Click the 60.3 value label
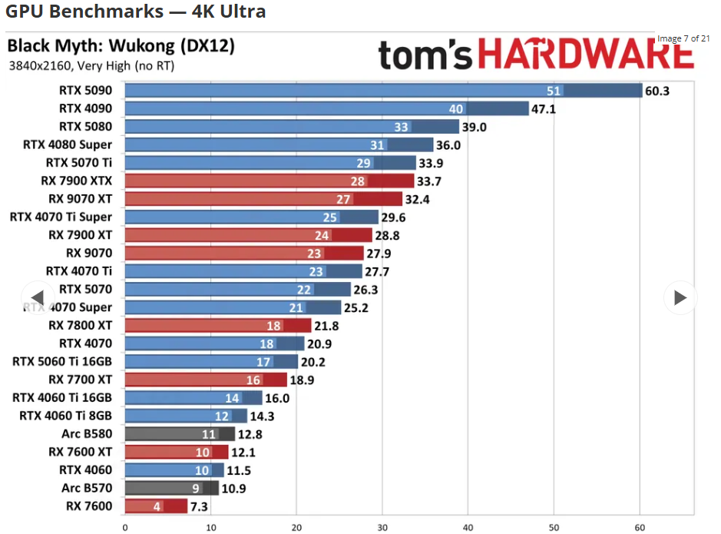pyautogui.click(x=657, y=91)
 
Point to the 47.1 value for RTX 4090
pyautogui.click(x=544, y=109)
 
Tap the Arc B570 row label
pyautogui.click(x=87, y=488)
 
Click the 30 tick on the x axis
pyautogui.click(x=382, y=527)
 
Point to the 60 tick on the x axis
pyautogui.click(x=639, y=527)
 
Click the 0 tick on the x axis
pyautogui.click(x=124, y=527)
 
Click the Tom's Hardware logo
pyautogui.click(x=536, y=55)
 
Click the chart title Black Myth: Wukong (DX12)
pyautogui.click(x=121, y=45)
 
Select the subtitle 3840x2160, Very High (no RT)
pyautogui.click(x=91, y=66)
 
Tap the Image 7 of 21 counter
pyautogui.click(x=683, y=38)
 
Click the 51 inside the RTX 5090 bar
pyautogui.click(x=554, y=91)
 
